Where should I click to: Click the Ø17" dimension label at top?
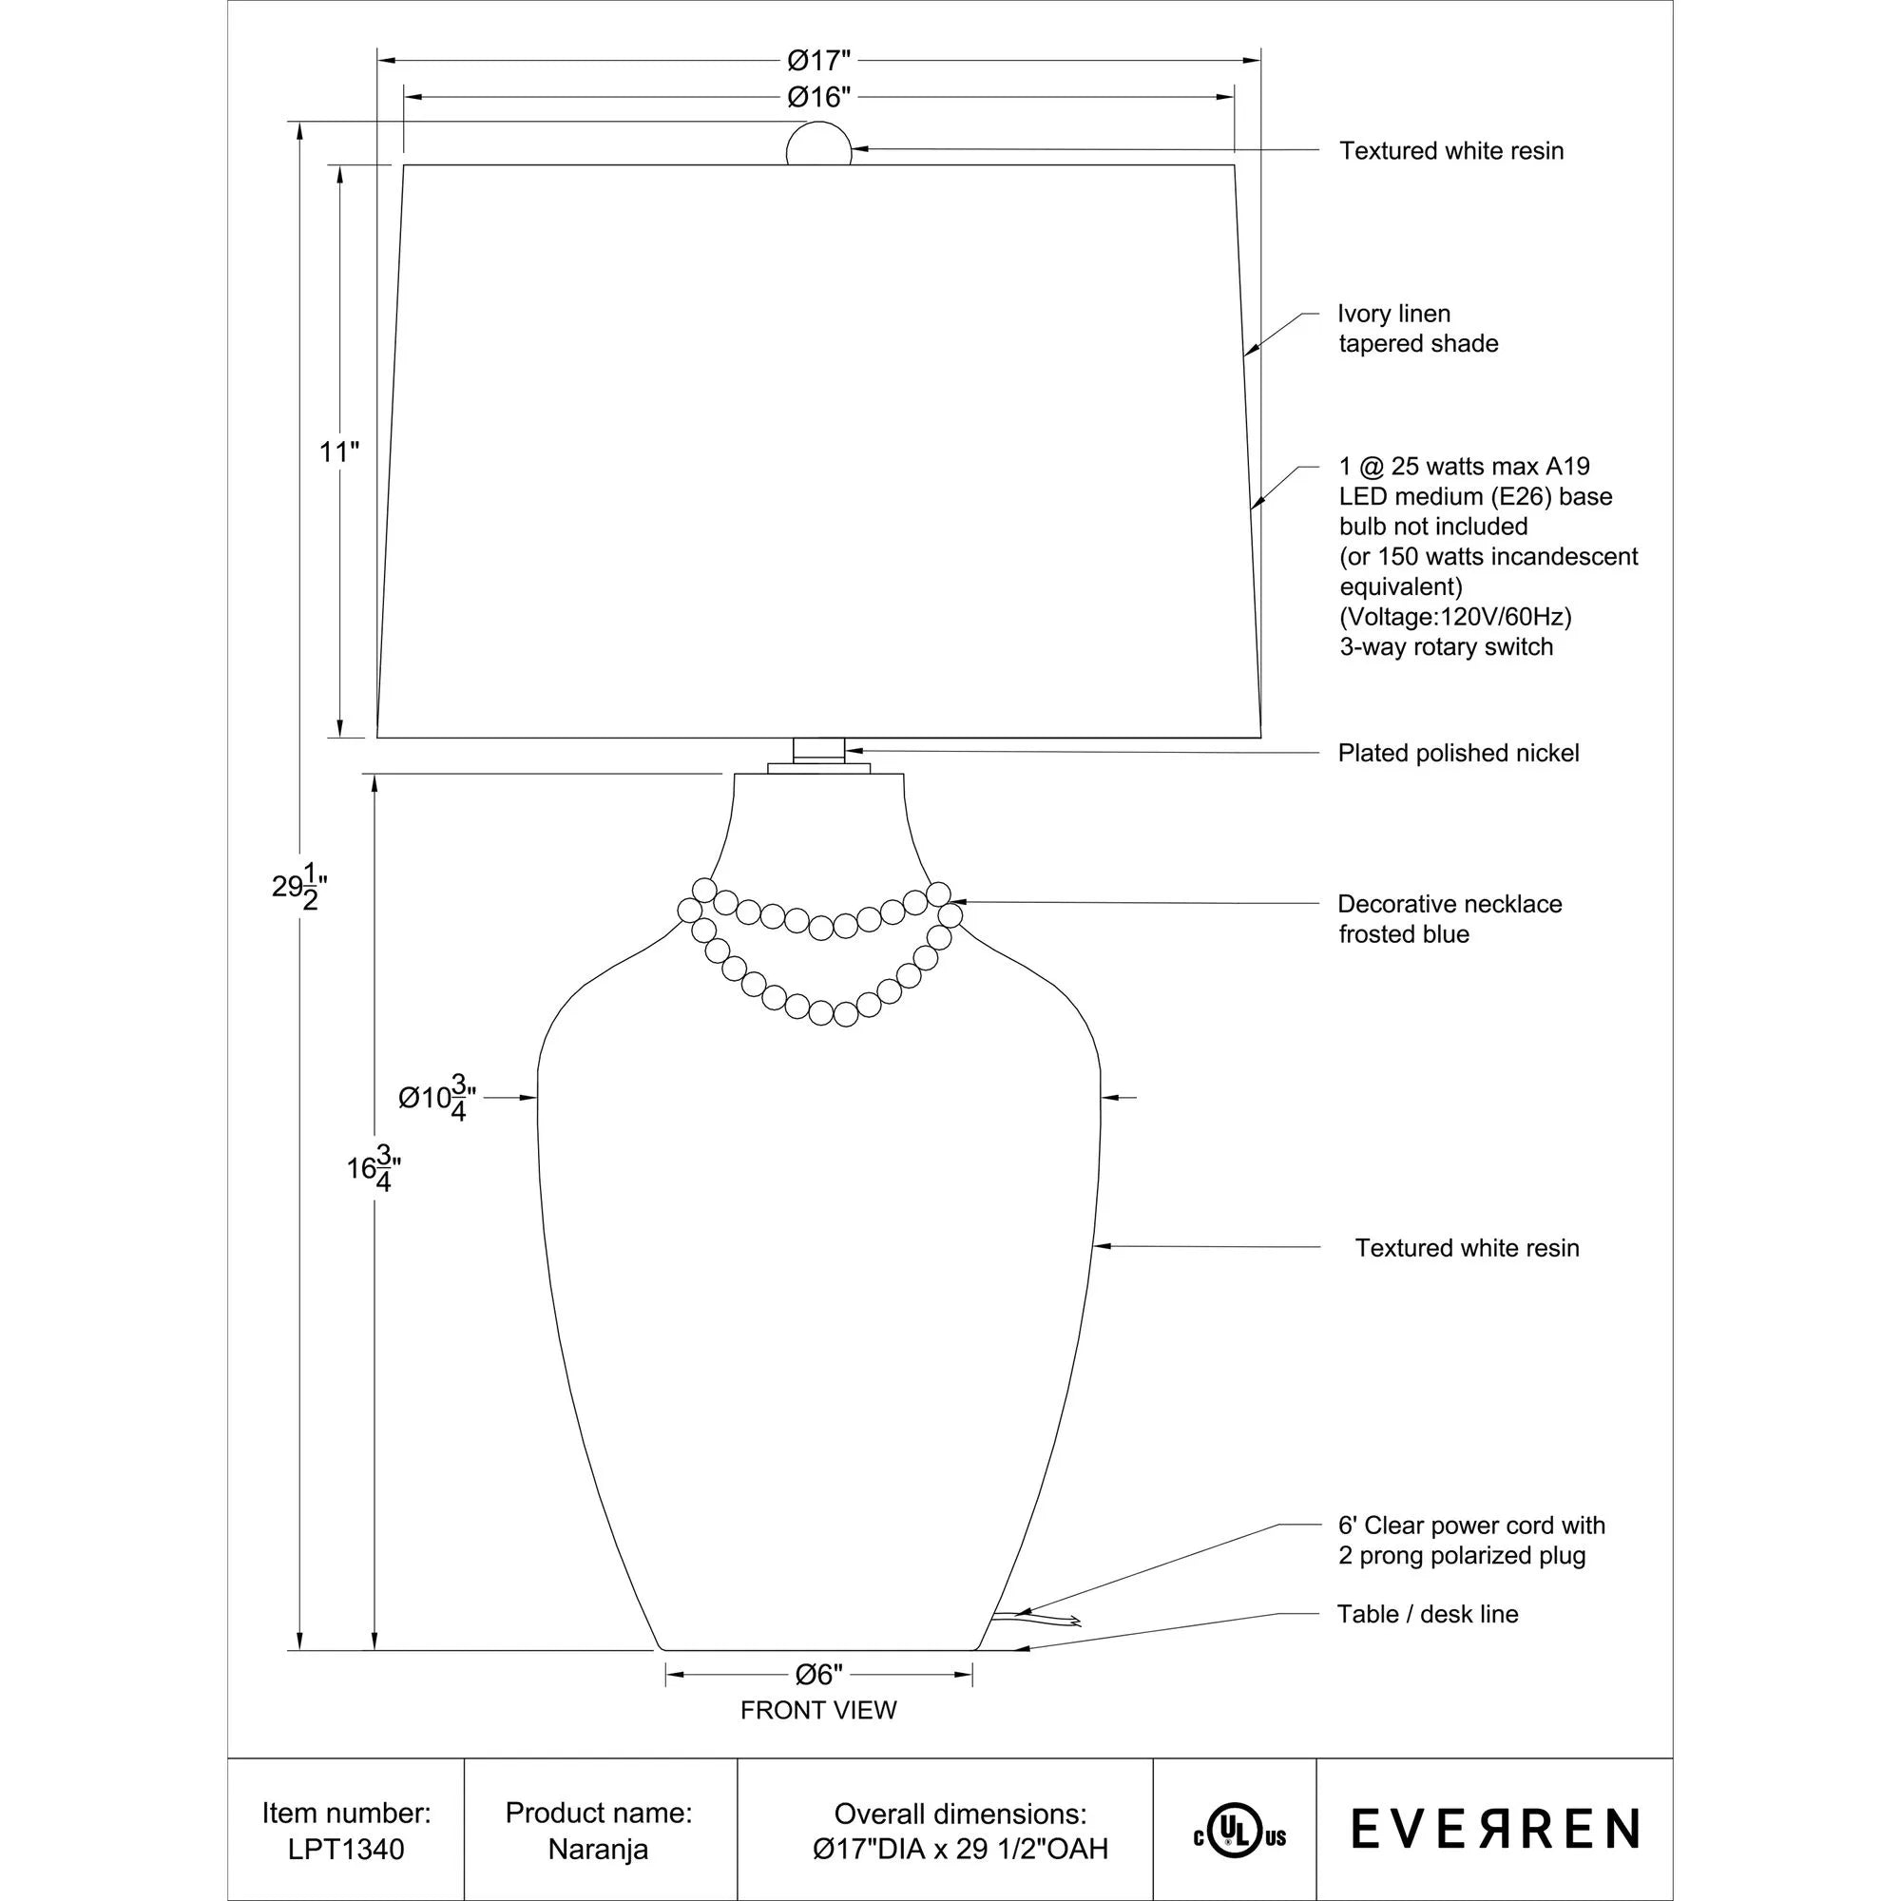point(817,61)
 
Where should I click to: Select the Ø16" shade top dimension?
point(817,97)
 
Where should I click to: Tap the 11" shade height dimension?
point(339,452)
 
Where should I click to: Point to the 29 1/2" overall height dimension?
point(298,887)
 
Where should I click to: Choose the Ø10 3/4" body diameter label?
point(438,1098)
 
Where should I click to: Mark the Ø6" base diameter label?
point(818,1674)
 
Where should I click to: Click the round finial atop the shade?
point(818,145)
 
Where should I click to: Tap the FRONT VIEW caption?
point(818,1710)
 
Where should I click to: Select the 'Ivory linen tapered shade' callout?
point(1417,329)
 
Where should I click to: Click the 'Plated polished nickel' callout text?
point(1458,753)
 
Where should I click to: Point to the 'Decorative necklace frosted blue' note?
point(1449,918)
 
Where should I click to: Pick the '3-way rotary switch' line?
point(1447,646)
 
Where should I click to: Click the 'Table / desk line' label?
point(1427,1614)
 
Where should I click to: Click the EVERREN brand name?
point(1494,1829)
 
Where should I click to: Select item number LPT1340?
point(346,1849)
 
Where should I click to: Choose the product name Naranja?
point(598,1849)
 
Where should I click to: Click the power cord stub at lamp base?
point(1033,1618)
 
